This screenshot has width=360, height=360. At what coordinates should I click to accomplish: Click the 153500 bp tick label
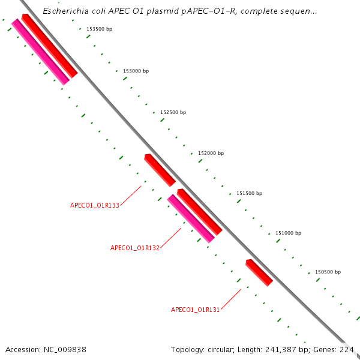99,29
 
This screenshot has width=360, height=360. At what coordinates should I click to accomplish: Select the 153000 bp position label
136,71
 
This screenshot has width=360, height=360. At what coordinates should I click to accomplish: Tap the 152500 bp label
173,112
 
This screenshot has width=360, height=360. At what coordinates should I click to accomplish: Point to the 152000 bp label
211,153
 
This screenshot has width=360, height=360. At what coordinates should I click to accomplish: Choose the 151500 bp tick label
249,193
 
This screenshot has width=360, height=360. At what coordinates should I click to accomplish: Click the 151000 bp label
288,233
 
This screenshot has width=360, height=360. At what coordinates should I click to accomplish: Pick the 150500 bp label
328,272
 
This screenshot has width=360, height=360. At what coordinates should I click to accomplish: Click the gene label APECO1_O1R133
95,205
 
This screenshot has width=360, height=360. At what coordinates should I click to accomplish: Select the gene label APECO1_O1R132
135,248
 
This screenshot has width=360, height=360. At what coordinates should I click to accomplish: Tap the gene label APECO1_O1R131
196,310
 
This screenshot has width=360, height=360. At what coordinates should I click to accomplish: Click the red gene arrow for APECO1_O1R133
160,170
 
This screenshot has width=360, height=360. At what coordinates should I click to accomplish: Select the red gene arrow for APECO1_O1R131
259,272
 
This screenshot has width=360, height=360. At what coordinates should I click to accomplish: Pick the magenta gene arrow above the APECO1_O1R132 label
191,218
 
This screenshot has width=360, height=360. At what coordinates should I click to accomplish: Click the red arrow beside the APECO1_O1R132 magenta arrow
200,212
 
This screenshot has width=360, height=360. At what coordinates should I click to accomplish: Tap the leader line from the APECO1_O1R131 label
231,299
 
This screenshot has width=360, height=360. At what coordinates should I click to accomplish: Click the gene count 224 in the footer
347,349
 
